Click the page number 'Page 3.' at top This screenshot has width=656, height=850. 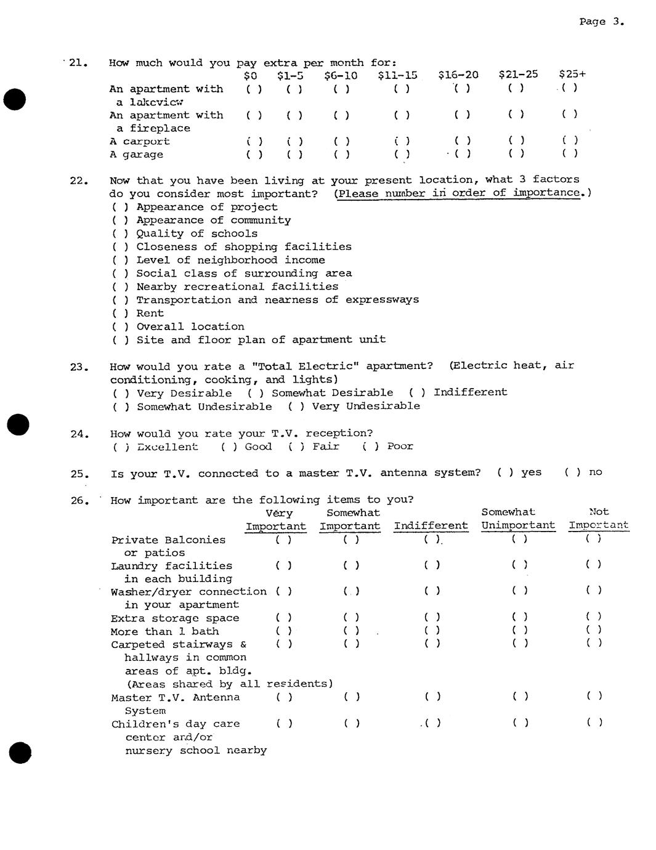tap(601, 22)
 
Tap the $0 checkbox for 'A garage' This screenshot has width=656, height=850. tap(254, 155)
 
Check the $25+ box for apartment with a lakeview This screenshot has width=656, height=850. tap(570, 87)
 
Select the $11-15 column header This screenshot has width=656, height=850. tap(397, 75)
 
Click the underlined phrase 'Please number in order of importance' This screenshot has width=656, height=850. tap(458, 193)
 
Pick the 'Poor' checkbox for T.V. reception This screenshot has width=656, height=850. tap(370, 447)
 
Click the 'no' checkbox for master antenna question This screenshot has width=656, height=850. tap(573, 472)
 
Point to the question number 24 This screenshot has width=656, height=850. tap(79, 434)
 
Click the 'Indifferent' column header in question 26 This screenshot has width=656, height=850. tap(431, 526)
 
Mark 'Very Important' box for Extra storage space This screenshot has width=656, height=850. tap(284, 617)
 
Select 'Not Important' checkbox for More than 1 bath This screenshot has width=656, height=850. tap(594, 630)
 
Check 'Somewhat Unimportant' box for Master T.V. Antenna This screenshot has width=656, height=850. tap(520, 697)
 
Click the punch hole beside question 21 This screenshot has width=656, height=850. tap(14, 99)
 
